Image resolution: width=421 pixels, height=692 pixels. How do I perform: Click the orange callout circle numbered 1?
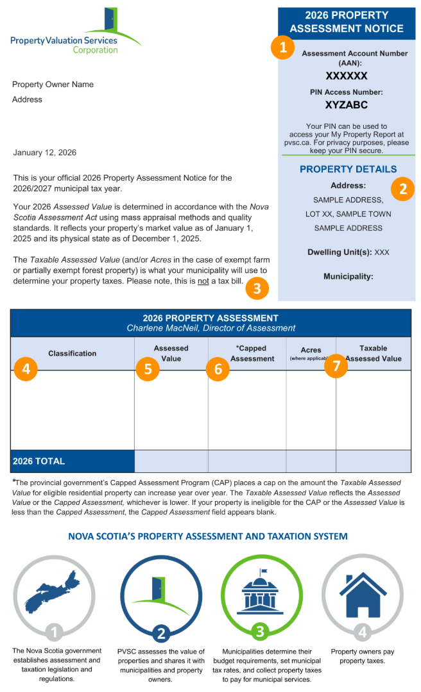[x=282, y=47]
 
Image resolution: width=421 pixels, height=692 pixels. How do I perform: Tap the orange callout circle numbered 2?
[x=402, y=188]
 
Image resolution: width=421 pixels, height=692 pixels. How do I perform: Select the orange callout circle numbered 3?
[x=257, y=288]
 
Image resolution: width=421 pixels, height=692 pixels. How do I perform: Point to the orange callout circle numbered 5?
[x=148, y=368]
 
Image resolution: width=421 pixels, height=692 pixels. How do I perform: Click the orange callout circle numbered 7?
[x=336, y=365]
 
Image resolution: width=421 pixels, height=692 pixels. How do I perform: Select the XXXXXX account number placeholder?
[x=347, y=76]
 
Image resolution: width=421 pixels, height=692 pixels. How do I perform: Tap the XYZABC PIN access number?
[x=347, y=104]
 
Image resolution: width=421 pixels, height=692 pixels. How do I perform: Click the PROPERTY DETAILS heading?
[x=348, y=169]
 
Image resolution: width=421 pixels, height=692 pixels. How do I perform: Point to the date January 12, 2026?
[x=45, y=152]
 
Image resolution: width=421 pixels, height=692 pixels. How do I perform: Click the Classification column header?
[x=73, y=353]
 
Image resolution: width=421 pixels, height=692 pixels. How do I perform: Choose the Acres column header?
[x=311, y=350]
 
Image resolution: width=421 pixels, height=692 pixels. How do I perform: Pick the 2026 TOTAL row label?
[x=39, y=461]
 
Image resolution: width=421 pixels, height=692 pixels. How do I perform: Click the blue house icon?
[x=363, y=595]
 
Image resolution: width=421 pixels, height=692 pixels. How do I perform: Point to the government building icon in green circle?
[x=261, y=593]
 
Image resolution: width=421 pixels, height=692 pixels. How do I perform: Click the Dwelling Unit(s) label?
[x=340, y=252]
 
